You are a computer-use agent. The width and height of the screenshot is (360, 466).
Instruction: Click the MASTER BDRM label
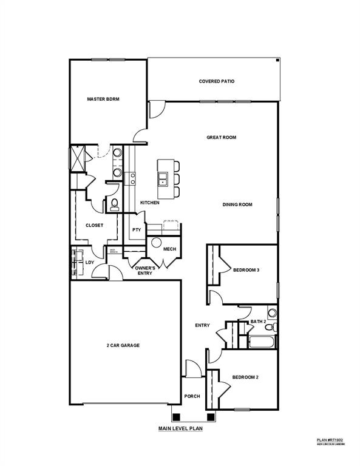click(103, 99)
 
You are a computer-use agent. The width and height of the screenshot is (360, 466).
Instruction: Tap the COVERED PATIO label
click(217, 81)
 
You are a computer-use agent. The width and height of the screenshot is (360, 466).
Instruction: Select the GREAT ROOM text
click(222, 138)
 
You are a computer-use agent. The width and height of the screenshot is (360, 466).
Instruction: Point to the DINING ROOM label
click(237, 204)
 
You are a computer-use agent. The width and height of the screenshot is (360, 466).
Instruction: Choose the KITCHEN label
click(150, 203)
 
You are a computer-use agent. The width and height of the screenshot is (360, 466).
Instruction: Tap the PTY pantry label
click(137, 230)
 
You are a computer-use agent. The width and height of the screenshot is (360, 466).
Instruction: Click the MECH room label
click(169, 249)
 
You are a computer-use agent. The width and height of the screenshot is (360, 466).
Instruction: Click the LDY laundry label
click(89, 263)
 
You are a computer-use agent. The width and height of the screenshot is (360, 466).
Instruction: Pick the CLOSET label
click(94, 225)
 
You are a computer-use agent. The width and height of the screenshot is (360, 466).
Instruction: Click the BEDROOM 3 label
click(246, 271)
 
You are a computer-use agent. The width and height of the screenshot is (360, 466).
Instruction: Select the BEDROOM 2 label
click(246, 377)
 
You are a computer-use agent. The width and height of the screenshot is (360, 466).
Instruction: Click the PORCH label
click(192, 396)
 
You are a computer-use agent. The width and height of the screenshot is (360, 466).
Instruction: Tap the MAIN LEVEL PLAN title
click(180, 428)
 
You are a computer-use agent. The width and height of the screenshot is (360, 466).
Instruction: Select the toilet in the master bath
click(114, 204)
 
